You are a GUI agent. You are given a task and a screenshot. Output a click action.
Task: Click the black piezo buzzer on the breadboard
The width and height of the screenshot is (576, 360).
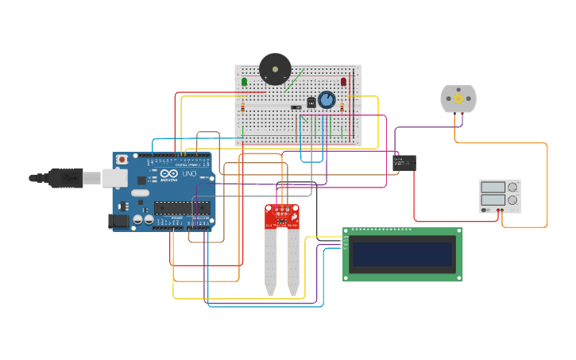coord(275,69)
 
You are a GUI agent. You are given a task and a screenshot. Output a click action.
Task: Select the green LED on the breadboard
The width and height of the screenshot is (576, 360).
coord(244,82)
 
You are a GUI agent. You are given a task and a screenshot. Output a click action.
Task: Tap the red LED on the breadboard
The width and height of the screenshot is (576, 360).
coord(343,81)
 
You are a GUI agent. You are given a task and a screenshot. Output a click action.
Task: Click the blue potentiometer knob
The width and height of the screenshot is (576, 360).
coord(327,100)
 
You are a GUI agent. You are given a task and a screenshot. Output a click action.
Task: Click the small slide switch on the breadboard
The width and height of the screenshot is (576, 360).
coord(296,107)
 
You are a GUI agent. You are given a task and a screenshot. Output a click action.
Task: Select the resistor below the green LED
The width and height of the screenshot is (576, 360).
coord(243,106)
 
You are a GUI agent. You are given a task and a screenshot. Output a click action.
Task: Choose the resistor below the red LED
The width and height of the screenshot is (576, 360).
coord(342,106)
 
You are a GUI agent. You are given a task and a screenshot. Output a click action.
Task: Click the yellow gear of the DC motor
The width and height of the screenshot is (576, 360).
coord(458,99)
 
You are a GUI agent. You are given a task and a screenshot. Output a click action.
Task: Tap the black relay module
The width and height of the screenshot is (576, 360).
coord(405,163)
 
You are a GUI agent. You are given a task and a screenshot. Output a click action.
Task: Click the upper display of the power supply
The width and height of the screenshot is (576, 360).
coord(493,188)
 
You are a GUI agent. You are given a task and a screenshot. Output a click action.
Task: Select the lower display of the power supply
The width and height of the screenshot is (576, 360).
coord(493,200)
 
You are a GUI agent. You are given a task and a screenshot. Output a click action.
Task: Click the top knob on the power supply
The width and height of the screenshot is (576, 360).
coord(512,188)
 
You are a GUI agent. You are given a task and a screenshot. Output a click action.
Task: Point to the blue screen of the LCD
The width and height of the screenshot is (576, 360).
coord(402,254)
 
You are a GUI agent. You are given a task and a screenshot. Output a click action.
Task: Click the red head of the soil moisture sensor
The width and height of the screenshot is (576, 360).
coord(281,215)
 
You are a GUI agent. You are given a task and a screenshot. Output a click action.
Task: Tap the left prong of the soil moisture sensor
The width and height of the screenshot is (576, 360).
coord(270,262)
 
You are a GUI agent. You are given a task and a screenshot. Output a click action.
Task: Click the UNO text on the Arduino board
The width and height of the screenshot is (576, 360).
coord(189,174)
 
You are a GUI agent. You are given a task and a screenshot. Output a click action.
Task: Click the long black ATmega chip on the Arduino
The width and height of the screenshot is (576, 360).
coord(182,208)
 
